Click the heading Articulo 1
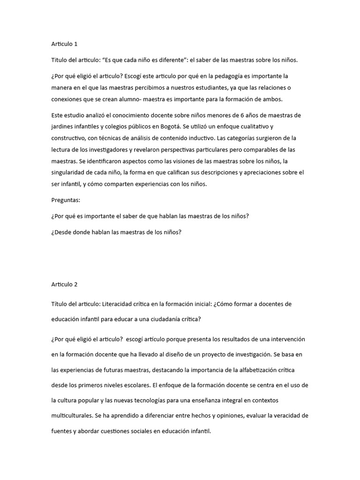tap(64, 44)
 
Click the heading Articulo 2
tap(64, 285)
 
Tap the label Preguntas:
tap(66, 200)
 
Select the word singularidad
tap(68, 172)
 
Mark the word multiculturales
tap(73, 416)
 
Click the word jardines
tap(63, 127)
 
